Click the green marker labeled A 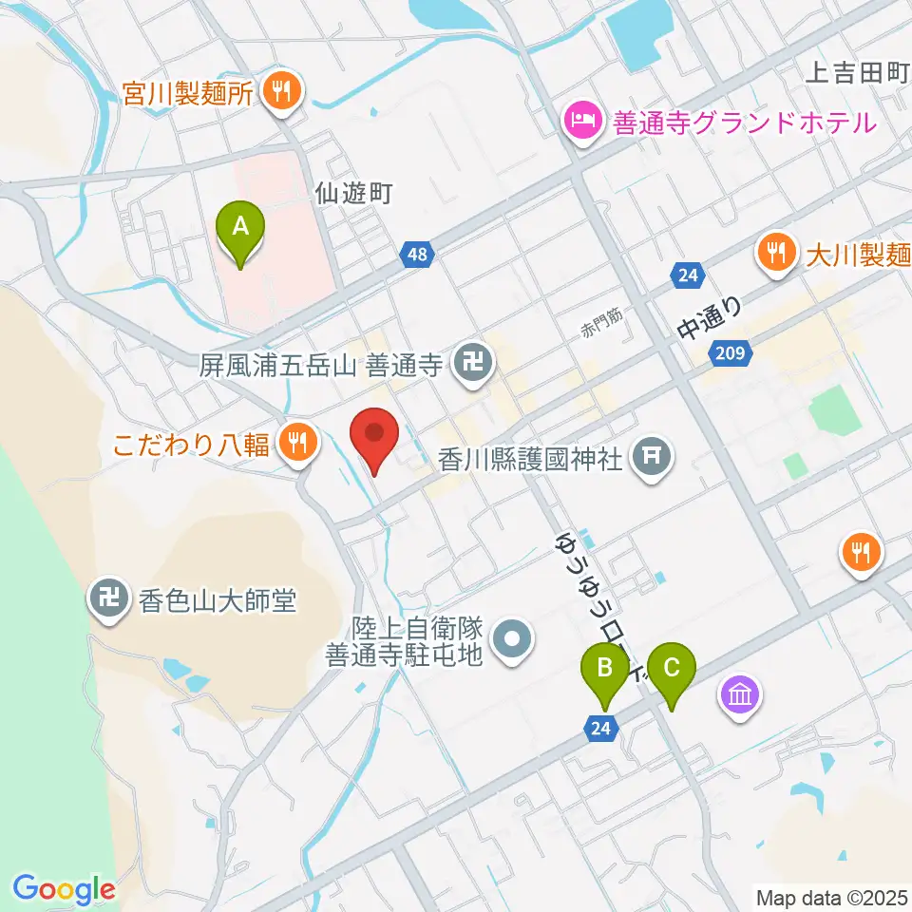tap(240, 229)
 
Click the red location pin tap(374, 435)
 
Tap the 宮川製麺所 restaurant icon tap(282, 92)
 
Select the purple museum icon tap(740, 697)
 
